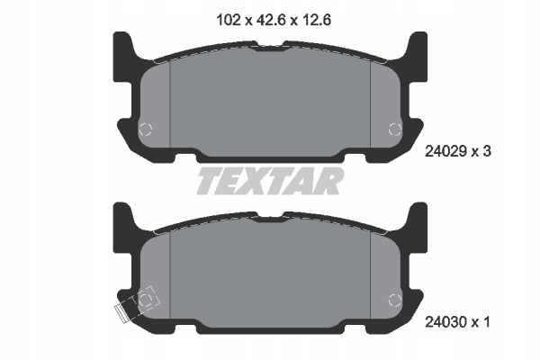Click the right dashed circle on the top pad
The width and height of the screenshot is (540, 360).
pos(393,129)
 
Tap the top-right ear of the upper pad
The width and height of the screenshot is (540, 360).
pos(417,45)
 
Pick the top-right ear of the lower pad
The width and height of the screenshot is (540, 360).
pos(417,215)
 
